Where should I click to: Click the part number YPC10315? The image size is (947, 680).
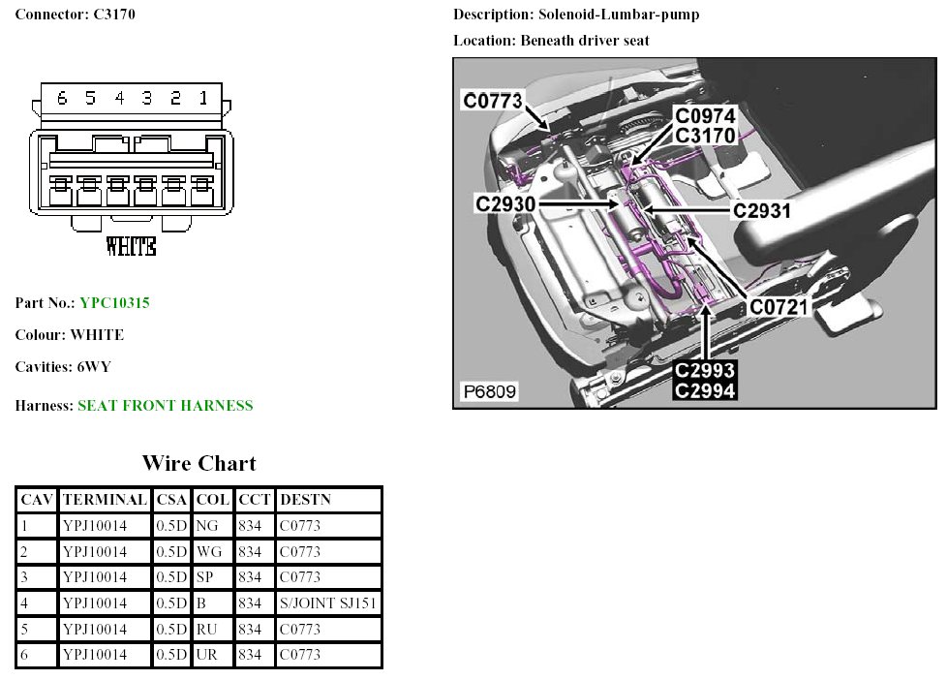(114, 303)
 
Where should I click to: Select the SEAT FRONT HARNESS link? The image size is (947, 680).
(165, 406)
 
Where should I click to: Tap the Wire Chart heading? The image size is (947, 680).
(199, 463)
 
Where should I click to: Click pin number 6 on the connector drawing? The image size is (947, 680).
(62, 98)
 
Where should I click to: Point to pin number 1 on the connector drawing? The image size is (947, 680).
(203, 98)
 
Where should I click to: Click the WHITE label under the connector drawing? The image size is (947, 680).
(131, 246)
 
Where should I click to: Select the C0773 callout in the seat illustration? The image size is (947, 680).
(493, 100)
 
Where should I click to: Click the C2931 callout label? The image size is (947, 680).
(762, 210)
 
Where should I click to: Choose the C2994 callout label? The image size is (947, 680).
(705, 390)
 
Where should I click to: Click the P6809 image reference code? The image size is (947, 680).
(489, 392)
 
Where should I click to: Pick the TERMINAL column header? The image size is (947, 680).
(105, 500)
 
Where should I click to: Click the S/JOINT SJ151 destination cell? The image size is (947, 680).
(328, 603)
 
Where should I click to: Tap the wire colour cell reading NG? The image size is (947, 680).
(207, 526)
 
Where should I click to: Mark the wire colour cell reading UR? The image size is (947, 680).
(207, 655)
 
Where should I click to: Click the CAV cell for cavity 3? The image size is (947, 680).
(25, 577)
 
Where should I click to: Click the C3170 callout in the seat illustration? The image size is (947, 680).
(705, 136)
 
